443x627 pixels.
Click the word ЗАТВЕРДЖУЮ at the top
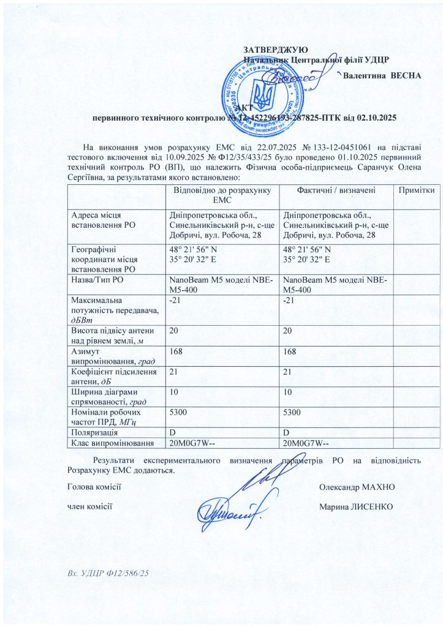pos(275,49)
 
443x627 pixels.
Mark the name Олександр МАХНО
pos(357,487)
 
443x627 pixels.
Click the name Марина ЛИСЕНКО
pos(357,506)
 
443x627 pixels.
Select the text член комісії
pos(89,506)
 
